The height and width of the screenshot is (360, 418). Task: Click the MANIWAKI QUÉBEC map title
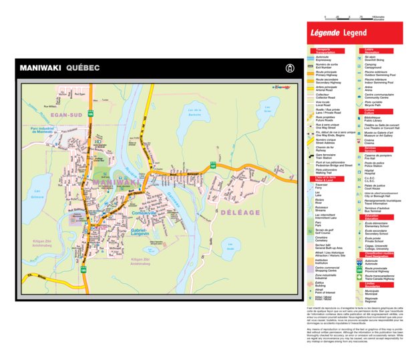(60, 67)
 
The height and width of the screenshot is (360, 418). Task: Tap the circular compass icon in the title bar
(288, 67)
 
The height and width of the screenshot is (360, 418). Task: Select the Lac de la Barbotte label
(194, 113)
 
